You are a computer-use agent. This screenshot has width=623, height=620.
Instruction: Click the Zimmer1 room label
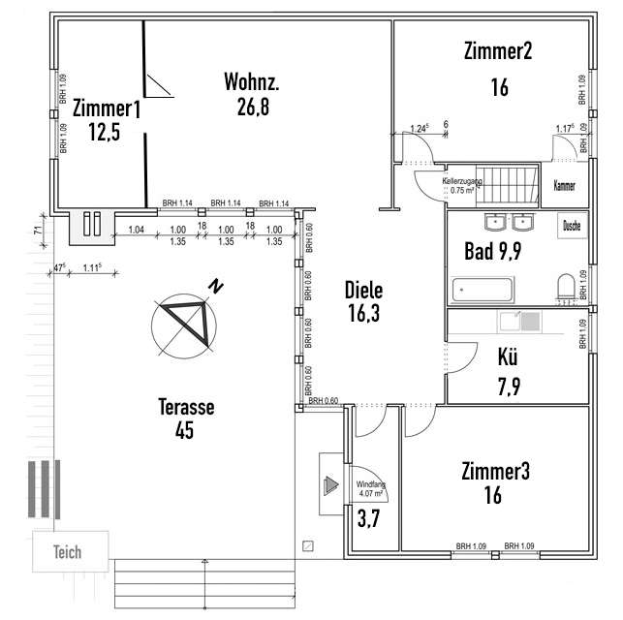tap(106, 109)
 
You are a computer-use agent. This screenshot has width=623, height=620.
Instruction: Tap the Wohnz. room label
tap(252, 79)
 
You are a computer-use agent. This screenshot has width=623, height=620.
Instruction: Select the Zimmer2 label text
tap(498, 51)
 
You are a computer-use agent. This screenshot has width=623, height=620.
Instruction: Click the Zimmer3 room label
tap(495, 472)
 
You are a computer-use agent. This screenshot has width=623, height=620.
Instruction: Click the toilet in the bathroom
tap(566, 288)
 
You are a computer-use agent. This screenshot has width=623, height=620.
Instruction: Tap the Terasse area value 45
tap(185, 429)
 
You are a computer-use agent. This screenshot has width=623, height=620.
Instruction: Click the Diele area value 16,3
tap(364, 313)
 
